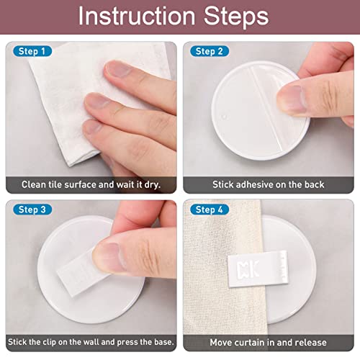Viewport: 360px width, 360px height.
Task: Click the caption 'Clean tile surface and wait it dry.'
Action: (91, 184)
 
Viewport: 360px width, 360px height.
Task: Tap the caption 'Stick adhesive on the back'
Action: (268, 184)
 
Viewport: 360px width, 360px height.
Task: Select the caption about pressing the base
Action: (91, 342)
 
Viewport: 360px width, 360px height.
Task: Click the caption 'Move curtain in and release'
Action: (268, 342)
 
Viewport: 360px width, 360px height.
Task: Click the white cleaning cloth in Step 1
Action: (58, 101)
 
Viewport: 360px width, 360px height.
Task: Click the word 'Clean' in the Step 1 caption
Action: (34, 184)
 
